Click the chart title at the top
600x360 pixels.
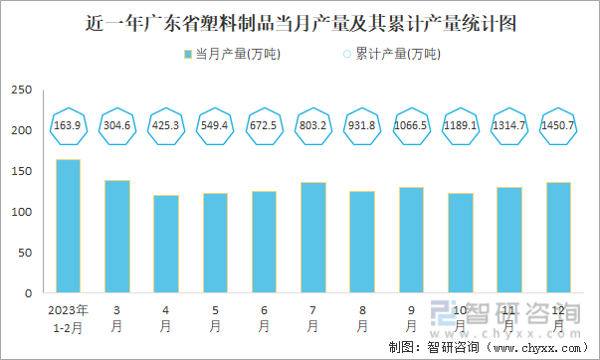click(300, 22)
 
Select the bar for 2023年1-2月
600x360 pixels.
click(69, 227)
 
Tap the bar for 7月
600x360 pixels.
click(313, 238)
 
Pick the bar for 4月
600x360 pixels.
click(166, 245)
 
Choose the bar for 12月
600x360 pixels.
click(558, 238)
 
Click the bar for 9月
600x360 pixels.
click(411, 241)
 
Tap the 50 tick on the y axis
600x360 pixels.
click(24, 253)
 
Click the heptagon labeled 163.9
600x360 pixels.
click(69, 125)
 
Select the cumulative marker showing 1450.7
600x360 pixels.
click(558, 125)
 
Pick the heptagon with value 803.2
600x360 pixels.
click(313, 125)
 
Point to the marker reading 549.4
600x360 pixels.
click(215, 125)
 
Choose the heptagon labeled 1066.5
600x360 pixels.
click(411, 125)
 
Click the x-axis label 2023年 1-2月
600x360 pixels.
click(69, 317)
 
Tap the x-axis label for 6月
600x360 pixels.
click(264, 317)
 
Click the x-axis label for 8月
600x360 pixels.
click(362, 317)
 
